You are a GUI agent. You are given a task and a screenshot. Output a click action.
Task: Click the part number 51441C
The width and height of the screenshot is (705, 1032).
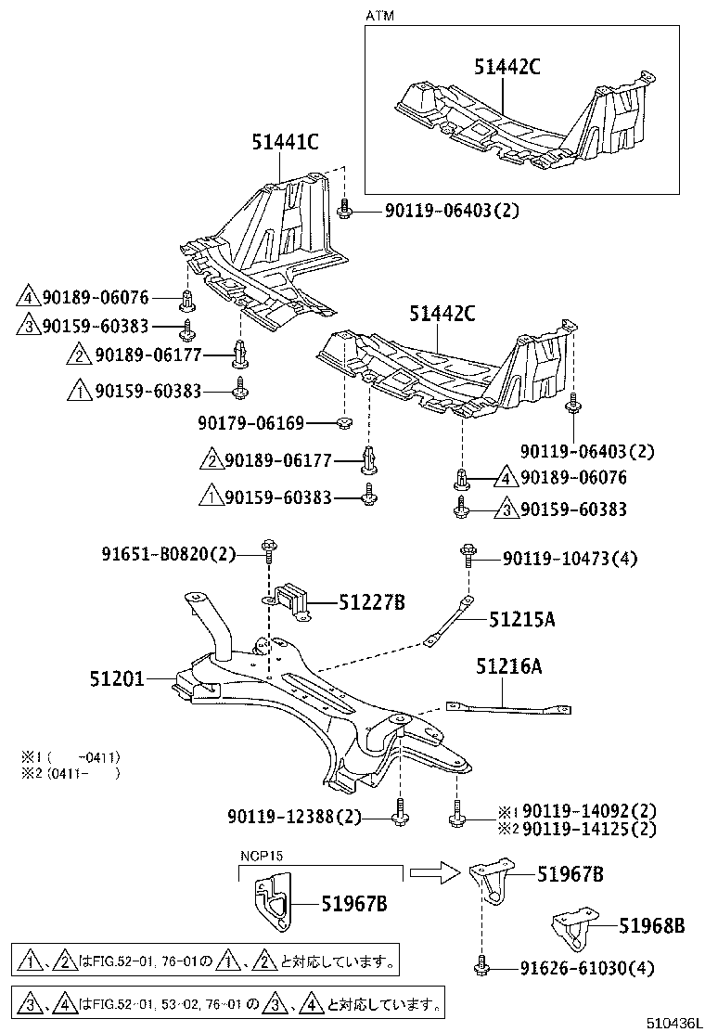285,142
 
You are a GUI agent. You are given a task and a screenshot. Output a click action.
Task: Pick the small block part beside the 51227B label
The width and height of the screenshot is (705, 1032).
292,600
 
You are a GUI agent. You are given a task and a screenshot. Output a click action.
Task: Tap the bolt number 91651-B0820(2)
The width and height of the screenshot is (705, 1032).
170,554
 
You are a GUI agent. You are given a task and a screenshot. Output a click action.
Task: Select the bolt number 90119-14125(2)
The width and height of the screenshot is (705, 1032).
590,828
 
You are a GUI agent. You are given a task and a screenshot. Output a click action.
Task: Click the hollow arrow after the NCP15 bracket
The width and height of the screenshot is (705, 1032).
434,871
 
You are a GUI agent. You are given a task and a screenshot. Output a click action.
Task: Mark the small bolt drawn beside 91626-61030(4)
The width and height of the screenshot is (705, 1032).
481,965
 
